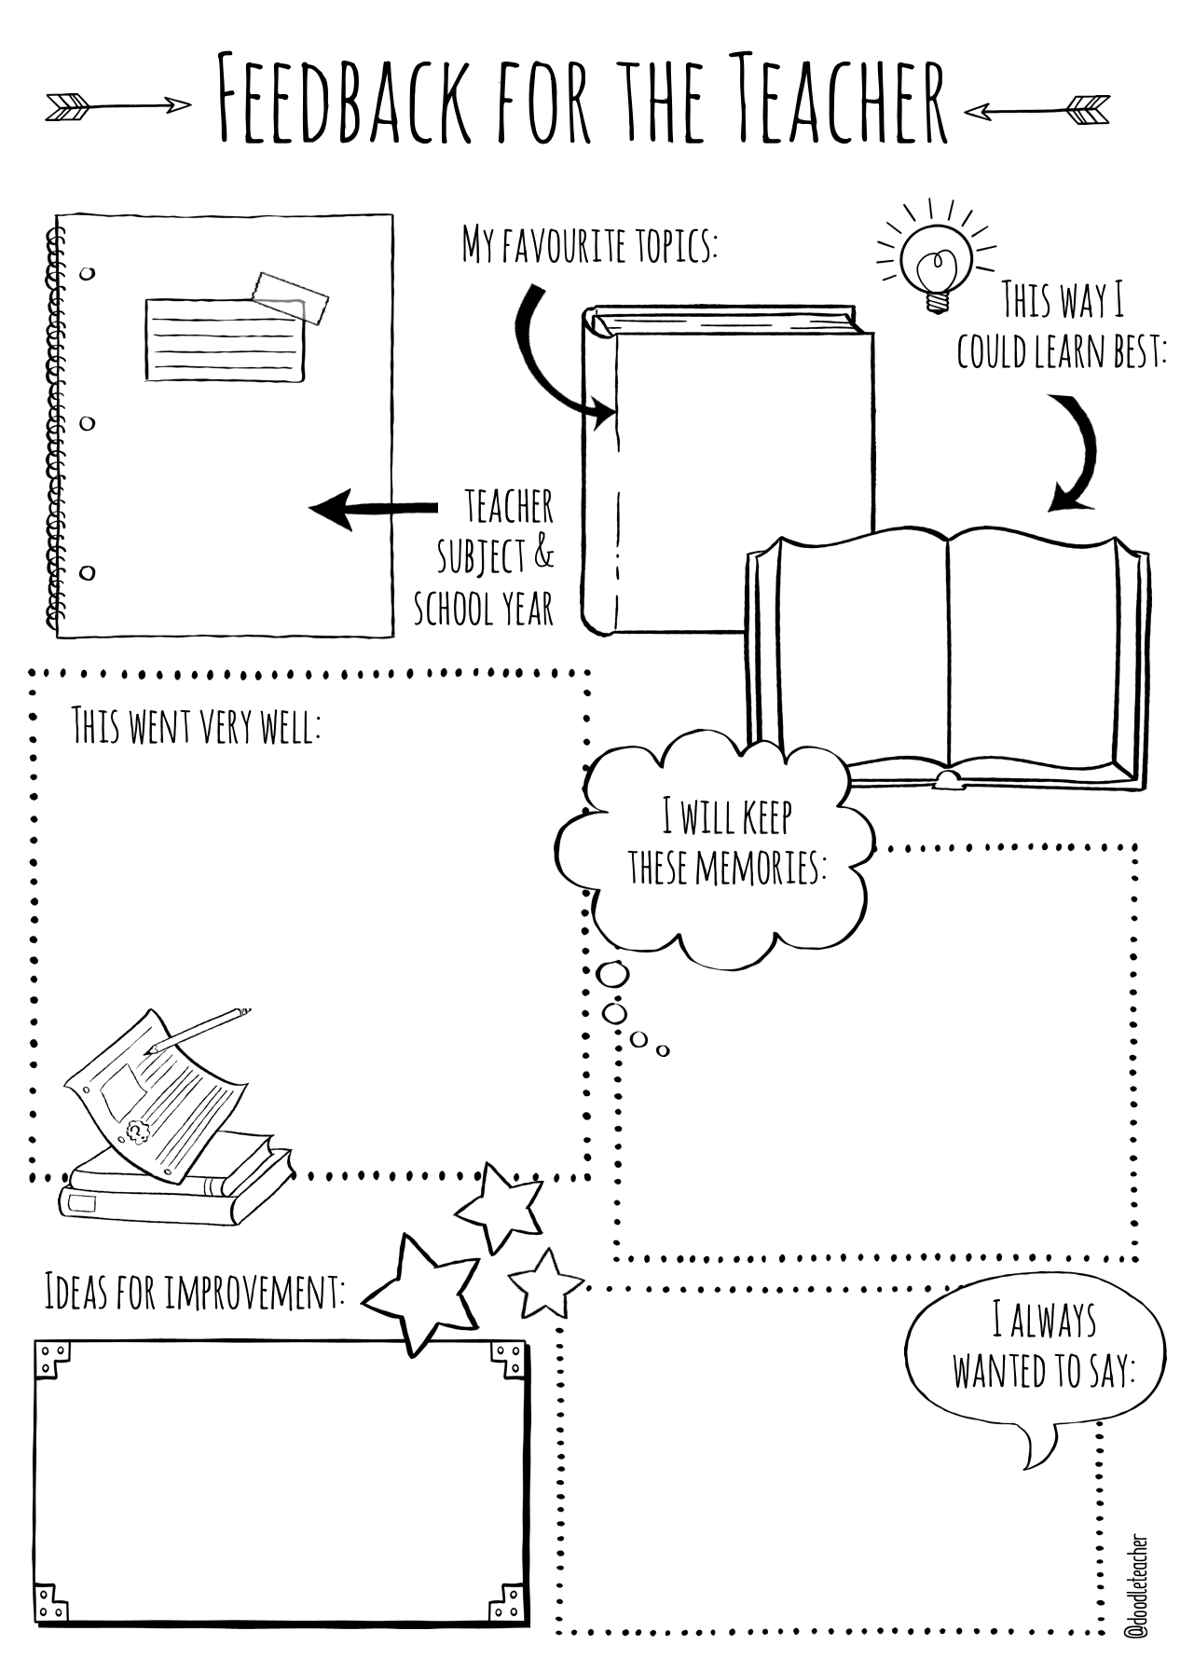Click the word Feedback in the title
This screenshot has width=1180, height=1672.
coord(345,100)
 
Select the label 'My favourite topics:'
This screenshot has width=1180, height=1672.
coord(590,244)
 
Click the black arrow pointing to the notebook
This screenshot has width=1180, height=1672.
coord(373,509)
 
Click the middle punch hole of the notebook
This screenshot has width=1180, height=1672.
coord(87,423)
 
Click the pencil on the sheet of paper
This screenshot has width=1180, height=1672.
coord(198,1029)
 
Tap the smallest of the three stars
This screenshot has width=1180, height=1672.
coord(545,1283)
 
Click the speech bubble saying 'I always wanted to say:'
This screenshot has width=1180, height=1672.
coord(1035,1356)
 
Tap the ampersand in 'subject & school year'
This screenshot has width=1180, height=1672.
coord(543,555)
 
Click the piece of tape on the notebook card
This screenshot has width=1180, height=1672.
coord(291,295)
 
